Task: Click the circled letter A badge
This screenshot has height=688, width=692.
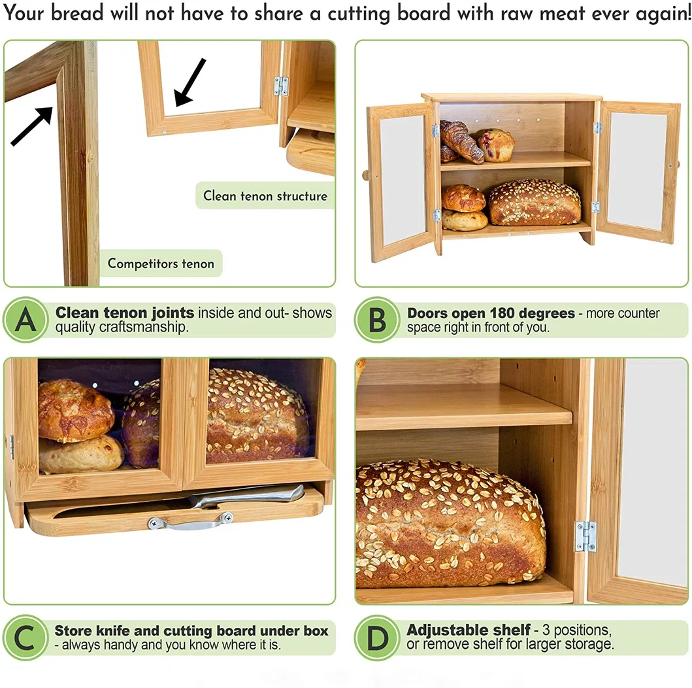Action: (x=25, y=320)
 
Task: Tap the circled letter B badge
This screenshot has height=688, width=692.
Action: (x=377, y=320)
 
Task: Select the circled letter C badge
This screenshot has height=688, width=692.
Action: (x=25, y=638)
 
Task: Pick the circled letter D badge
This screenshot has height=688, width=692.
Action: (x=377, y=638)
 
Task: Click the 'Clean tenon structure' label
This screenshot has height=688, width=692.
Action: (x=265, y=196)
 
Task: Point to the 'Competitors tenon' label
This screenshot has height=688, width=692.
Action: (x=161, y=264)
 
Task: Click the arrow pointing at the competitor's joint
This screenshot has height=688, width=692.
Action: (x=32, y=126)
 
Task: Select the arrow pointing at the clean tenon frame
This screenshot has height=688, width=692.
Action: (x=190, y=82)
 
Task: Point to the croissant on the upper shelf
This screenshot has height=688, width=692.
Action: (x=460, y=141)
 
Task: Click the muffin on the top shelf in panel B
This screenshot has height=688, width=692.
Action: (x=496, y=145)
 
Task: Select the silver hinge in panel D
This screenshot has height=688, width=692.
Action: (x=585, y=536)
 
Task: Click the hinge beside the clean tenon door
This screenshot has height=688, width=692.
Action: (x=281, y=86)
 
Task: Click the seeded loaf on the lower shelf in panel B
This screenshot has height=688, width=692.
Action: (x=534, y=203)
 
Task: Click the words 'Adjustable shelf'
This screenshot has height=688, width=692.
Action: (x=468, y=630)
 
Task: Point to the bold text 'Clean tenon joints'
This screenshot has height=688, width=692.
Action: (x=124, y=313)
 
